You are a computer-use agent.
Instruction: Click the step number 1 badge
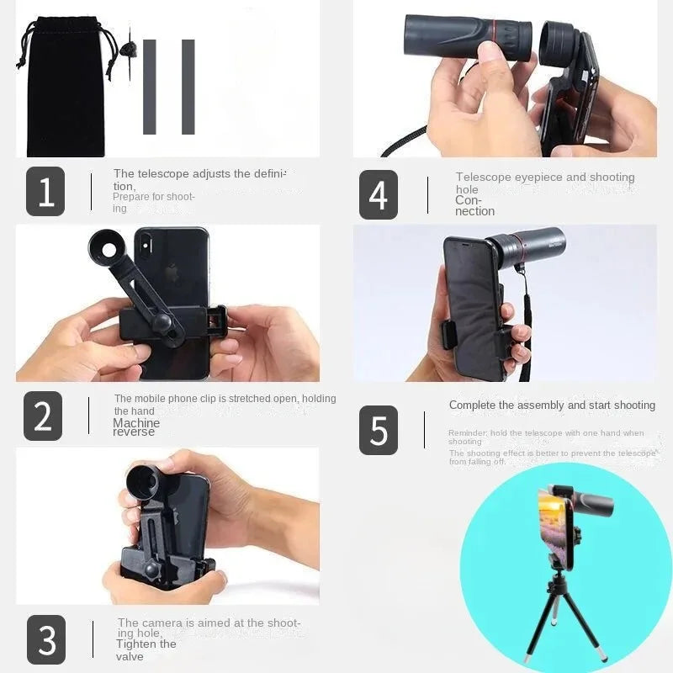[45, 192]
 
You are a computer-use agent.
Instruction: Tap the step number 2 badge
[43, 416]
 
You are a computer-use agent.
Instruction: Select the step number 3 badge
[46, 640]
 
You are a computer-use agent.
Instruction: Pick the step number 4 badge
[379, 195]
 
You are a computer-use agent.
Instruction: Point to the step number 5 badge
[379, 430]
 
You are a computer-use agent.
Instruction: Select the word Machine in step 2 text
[136, 423]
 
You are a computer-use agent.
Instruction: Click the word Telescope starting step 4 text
[483, 178]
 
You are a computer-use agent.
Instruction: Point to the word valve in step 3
[130, 655]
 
